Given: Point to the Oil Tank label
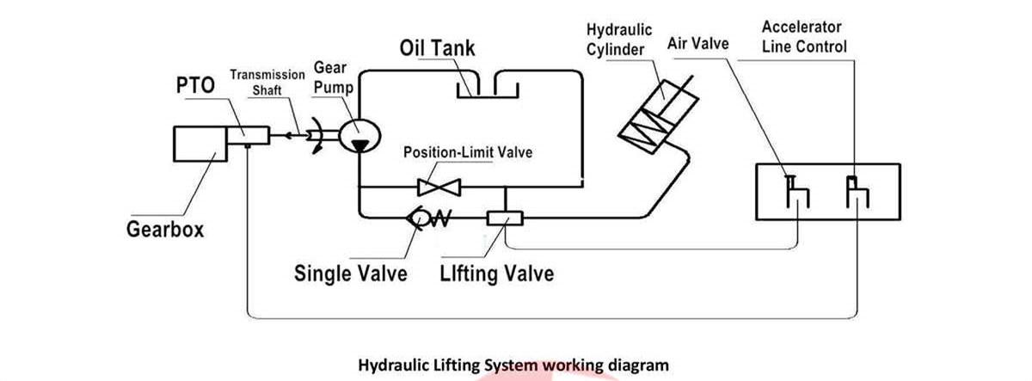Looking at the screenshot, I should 436,46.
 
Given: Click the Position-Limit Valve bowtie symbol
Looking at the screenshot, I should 438,186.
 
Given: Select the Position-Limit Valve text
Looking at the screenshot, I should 468,154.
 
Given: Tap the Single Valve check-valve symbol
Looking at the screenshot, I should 428,218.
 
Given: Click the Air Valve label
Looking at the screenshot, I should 697,43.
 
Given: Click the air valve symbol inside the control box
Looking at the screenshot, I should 796,191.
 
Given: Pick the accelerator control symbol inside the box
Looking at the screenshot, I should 857,191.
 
